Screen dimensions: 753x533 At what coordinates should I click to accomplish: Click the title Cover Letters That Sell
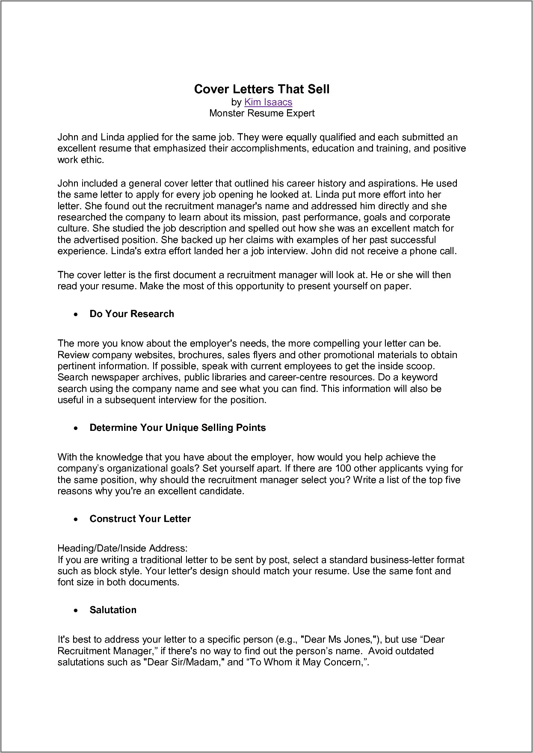(x=262, y=89)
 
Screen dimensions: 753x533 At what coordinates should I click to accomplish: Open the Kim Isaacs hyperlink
(x=268, y=102)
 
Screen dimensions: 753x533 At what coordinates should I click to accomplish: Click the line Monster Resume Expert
(x=262, y=113)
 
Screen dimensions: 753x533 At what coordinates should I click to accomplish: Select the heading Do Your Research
(x=132, y=314)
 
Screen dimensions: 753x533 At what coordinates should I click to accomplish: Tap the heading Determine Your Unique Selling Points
(x=178, y=427)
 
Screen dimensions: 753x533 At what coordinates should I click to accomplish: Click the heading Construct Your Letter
(x=140, y=519)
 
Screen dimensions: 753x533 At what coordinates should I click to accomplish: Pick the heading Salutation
(x=113, y=610)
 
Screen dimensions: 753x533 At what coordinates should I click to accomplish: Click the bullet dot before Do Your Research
(x=76, y=314)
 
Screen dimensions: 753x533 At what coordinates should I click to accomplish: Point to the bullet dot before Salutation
(x=76, y=611)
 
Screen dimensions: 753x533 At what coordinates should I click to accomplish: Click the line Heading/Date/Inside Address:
(x=122, y=548)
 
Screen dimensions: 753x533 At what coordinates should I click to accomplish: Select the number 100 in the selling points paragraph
(x=343, y=468)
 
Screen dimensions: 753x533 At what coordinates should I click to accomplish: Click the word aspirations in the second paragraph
(x=389, y=183)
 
